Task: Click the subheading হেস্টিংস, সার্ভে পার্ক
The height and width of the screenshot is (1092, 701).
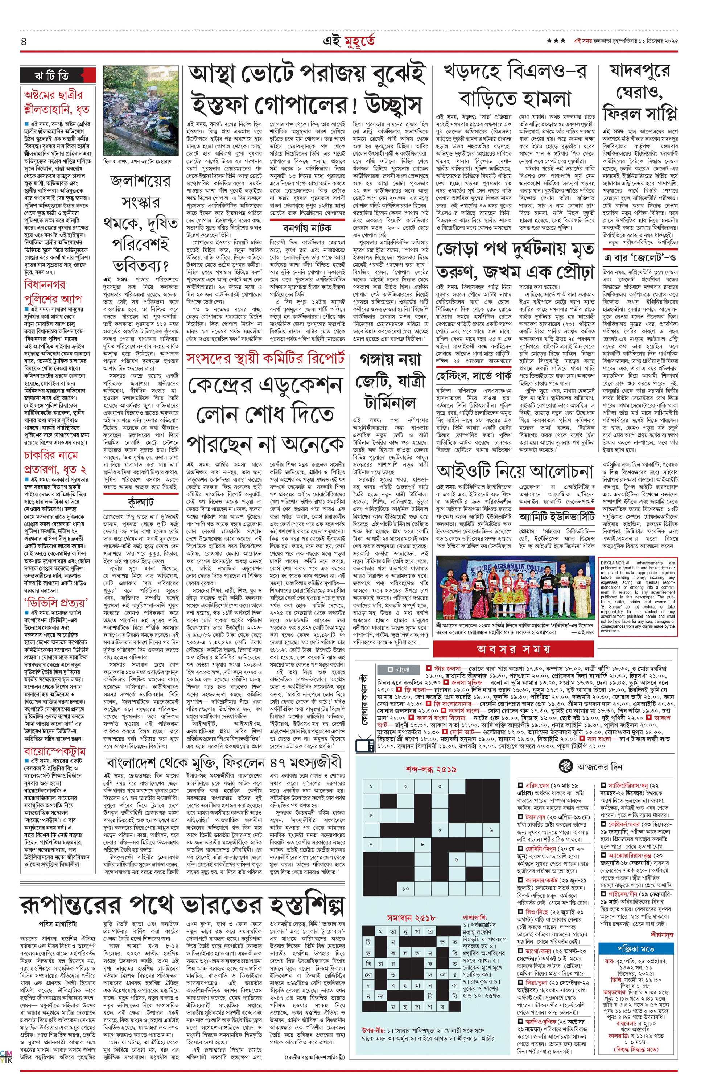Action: click(x=471, y=376)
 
